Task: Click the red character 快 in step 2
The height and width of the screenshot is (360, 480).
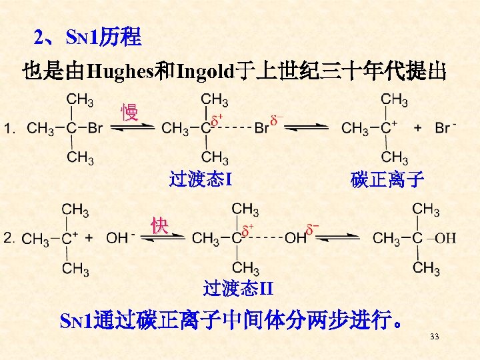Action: (159, 225)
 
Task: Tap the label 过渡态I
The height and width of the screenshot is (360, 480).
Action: (200, 179)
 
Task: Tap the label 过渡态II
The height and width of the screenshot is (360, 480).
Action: (238, 288)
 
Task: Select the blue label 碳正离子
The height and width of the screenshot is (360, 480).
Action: (387, 179)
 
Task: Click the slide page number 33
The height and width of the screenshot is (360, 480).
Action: (434, 337)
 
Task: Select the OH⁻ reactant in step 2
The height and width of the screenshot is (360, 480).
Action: (121, 237)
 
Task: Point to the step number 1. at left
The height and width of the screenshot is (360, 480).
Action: (10, 128)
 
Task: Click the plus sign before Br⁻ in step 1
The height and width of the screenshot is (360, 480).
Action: (418, 128)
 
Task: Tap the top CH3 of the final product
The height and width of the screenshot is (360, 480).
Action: (425, 210)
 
